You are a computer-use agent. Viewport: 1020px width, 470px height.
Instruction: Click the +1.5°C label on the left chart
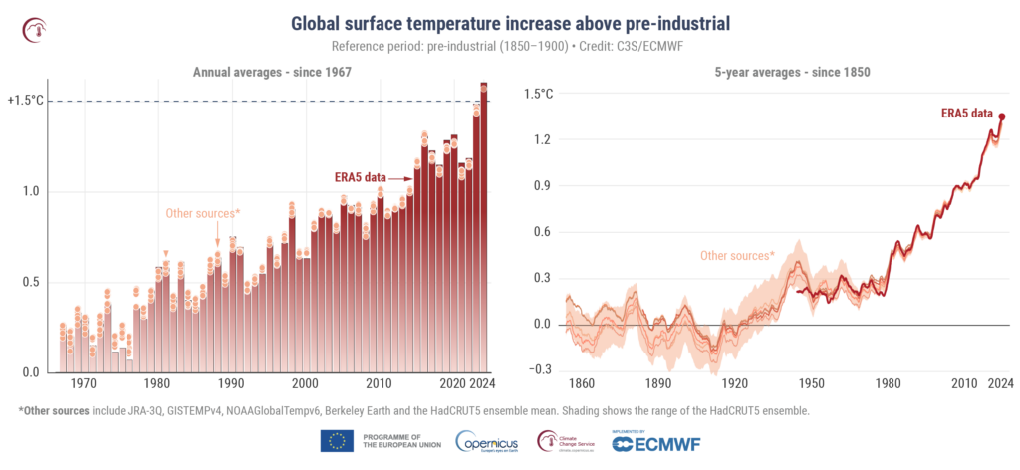click(x=25, y=101)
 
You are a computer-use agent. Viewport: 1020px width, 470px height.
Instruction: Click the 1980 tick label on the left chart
click(x=156, y=384)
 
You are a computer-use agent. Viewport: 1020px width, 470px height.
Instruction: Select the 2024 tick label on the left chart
click(x=484, y=384)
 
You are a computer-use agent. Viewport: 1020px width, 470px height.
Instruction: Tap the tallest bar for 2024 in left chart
click(x=484, y=229)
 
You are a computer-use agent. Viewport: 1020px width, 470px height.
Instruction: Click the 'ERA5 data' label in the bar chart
click(x=360, y=177)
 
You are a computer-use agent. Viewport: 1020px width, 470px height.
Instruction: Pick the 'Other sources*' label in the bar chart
click(x=203, y=213)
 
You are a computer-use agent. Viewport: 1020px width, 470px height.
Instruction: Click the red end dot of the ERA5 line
click(x=1002, y=117)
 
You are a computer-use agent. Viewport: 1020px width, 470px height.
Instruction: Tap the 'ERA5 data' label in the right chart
click(x=971, y=114)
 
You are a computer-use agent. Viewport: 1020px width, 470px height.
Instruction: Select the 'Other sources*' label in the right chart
click(x=737, y=256)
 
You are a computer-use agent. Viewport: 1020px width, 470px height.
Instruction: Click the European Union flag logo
click(x=337, y=441)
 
